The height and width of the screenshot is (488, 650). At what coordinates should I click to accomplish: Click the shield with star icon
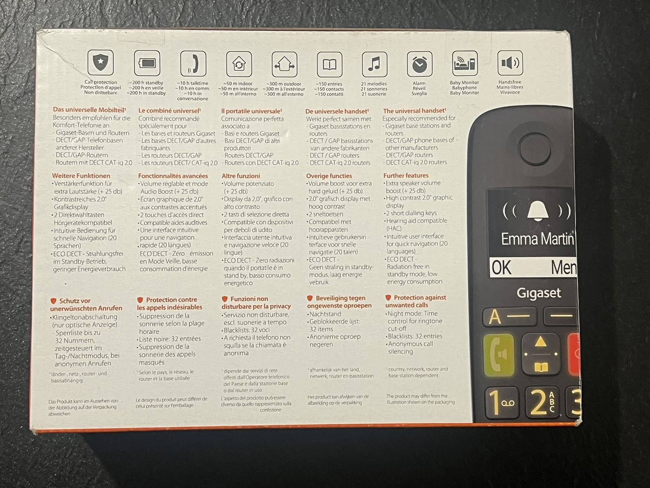click(100, 63)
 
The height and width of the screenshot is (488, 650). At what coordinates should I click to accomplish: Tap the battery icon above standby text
click(147, 63)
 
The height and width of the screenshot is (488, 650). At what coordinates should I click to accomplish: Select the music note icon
click(375, 64)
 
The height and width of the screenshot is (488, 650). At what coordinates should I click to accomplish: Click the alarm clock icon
click(420, 64)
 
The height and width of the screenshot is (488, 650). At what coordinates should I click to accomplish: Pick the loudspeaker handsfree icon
click(510, 63)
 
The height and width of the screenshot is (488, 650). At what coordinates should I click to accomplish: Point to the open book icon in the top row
click(329, 65)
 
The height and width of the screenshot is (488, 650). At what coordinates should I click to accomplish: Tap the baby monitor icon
click(465, 63)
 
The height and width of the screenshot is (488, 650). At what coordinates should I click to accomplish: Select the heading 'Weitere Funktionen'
click(81, 176)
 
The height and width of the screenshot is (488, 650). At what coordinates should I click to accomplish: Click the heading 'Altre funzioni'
click(241, 176)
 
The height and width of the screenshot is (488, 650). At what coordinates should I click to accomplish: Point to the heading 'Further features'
click(406, 175)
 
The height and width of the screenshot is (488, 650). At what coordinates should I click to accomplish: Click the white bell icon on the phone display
click(538, 211)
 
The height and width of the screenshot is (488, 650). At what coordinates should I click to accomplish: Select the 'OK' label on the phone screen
click(501, 268)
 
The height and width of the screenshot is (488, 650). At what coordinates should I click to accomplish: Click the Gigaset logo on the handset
click(539, 293)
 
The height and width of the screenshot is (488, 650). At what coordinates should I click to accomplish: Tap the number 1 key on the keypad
click(502, 403)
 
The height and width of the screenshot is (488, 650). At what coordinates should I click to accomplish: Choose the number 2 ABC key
click(542, 402)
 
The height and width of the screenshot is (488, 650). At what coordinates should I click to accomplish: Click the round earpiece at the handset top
click(535, 149)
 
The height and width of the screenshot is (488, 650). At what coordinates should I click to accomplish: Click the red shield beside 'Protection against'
click(388, 298)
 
